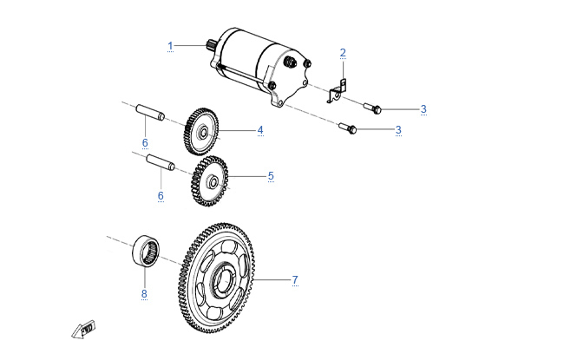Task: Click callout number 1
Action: [x=171, y=44]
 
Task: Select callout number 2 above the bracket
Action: [x=343, y=53]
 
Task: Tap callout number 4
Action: [x=259, y=130]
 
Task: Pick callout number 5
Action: [x=271, y=175]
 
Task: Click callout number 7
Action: [x=295, y=279]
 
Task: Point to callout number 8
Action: [x=145, y=293]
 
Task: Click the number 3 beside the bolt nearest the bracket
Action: [x=423, y=108]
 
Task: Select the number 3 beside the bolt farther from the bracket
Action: [x=398, y=129]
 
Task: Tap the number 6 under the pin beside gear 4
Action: [x=145, y=141]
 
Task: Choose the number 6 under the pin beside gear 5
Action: [x=161, y=196]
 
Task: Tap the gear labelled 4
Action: [x=201, y=133]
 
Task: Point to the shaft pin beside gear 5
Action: [x=161, y=162]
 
